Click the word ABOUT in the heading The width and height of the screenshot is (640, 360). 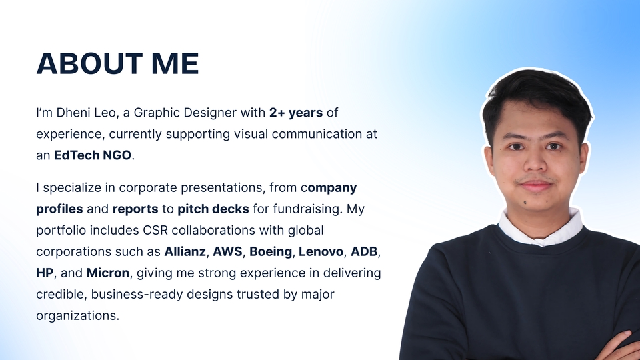(x=89, y=64)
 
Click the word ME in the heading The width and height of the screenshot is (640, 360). (x=175, y=64)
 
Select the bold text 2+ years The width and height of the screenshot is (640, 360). (x=296, y=113)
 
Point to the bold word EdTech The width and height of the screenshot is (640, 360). (x=77, y=155)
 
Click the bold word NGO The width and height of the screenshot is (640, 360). (x=117, y=155)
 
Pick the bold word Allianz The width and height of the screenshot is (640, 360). (x=185, y=251)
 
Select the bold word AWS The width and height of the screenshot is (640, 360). (x=227, y=251)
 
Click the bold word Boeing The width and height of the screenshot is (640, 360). (x=271, y=252)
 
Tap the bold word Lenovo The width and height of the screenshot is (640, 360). (x=321, y=251)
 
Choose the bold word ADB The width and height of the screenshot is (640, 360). (x=364, y=251)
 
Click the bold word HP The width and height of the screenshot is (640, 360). (x=45, y=273)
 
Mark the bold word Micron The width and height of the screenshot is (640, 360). (x=108, y=273)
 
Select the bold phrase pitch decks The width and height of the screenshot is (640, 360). (x=213, y=209)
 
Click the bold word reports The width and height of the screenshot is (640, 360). (x=135, y=209)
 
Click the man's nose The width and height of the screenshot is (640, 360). (x=535, y=161)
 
